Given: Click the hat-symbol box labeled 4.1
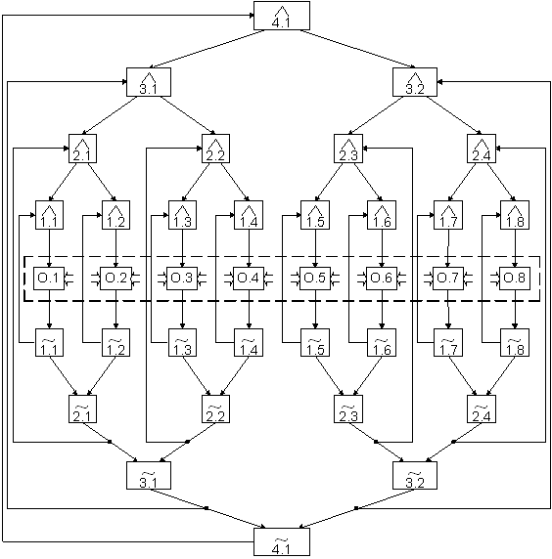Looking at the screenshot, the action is (282, 16).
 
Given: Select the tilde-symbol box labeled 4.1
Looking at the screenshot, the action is (282, 541).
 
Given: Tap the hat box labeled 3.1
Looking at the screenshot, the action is (149, 82).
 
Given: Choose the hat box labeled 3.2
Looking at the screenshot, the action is (415, 82).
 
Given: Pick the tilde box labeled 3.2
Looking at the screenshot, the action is (415, 476).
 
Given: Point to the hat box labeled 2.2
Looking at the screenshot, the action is (215, 149).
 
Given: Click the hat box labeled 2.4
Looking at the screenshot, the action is (482, 149).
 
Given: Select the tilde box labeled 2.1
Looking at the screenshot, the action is (82, 408).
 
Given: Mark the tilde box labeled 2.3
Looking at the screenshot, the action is (348, 408).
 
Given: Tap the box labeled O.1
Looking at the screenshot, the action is (49, 279).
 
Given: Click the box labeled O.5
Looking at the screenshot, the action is (315, 279).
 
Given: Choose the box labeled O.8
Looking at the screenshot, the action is (515, 279).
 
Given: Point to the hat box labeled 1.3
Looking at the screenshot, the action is (182, 215).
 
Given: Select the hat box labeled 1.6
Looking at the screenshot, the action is (382, 215).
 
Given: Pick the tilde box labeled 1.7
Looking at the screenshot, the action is (448, 343).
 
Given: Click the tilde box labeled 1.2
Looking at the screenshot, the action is (116, 343).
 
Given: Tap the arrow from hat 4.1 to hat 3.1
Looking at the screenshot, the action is (207, 49).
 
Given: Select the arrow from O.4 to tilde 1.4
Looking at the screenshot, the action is (249, 309).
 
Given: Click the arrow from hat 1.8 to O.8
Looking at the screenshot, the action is (515, 248).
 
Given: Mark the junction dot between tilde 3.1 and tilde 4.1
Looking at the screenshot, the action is (207, 507).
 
